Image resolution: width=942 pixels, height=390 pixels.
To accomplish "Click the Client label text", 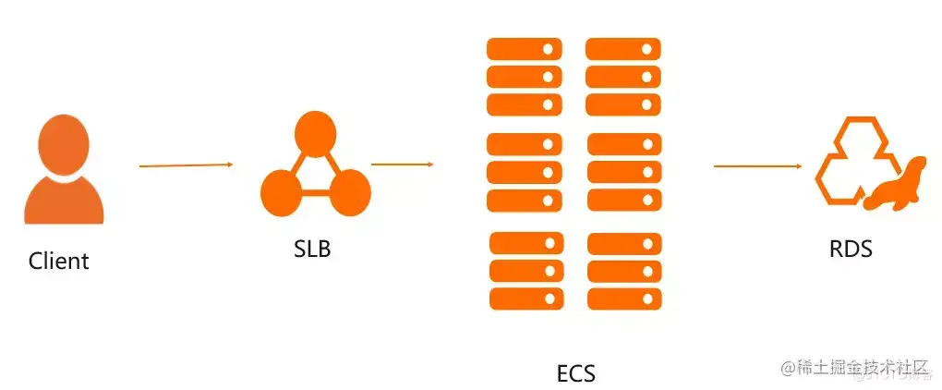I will point(59,261).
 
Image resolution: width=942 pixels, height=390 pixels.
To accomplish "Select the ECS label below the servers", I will point(576,373).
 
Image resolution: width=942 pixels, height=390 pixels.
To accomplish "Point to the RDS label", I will point(851,249).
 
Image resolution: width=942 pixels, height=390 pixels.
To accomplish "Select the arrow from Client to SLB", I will point(186,165).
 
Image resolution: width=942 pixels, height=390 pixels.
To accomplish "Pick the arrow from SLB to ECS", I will point(403,165).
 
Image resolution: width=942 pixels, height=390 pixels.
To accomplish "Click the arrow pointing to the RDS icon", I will point(757,166).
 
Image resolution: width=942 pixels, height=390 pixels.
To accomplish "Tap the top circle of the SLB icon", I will point(314,133).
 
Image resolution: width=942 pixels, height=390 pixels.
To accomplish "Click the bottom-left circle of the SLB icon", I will point(282,193).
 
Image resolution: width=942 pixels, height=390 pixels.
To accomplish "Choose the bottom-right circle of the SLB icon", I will point(348,193).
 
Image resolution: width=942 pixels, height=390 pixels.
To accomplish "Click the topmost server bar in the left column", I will point(525,48).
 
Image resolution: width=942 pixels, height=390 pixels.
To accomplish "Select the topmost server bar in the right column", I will point(623,48).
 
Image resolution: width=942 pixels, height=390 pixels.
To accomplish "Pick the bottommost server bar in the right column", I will point(624,299).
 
